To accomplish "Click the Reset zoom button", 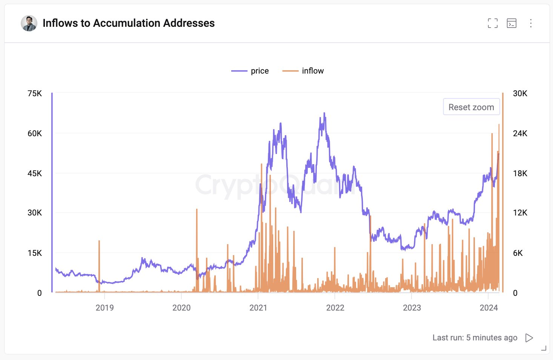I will [x=471, y=107].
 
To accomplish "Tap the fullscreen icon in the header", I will [x=492, y=23].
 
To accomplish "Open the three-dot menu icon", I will [x=531, y=23].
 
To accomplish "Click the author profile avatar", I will [x=29, y=23].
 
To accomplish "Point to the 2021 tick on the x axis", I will [x=258, y=308].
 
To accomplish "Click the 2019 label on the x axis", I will [x=104, y=308].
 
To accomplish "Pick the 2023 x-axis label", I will [x=412, y=308].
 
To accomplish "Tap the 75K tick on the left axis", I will [x=35, y=94].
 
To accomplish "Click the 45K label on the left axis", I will [x=35, y=174].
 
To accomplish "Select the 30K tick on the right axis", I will [x=520, y=94].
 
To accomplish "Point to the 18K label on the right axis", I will [x=520, y=174].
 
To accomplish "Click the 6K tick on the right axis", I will [x=518, y=253].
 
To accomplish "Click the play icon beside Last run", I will [x=529, y=338].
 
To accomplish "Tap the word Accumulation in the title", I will [x=126, y=23].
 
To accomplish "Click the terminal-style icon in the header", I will [x=512, y=23].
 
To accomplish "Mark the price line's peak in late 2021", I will [x=324, y=113].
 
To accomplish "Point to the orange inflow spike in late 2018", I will [x=99, y=242].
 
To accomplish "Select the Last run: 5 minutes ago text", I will [x=475, y=338].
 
